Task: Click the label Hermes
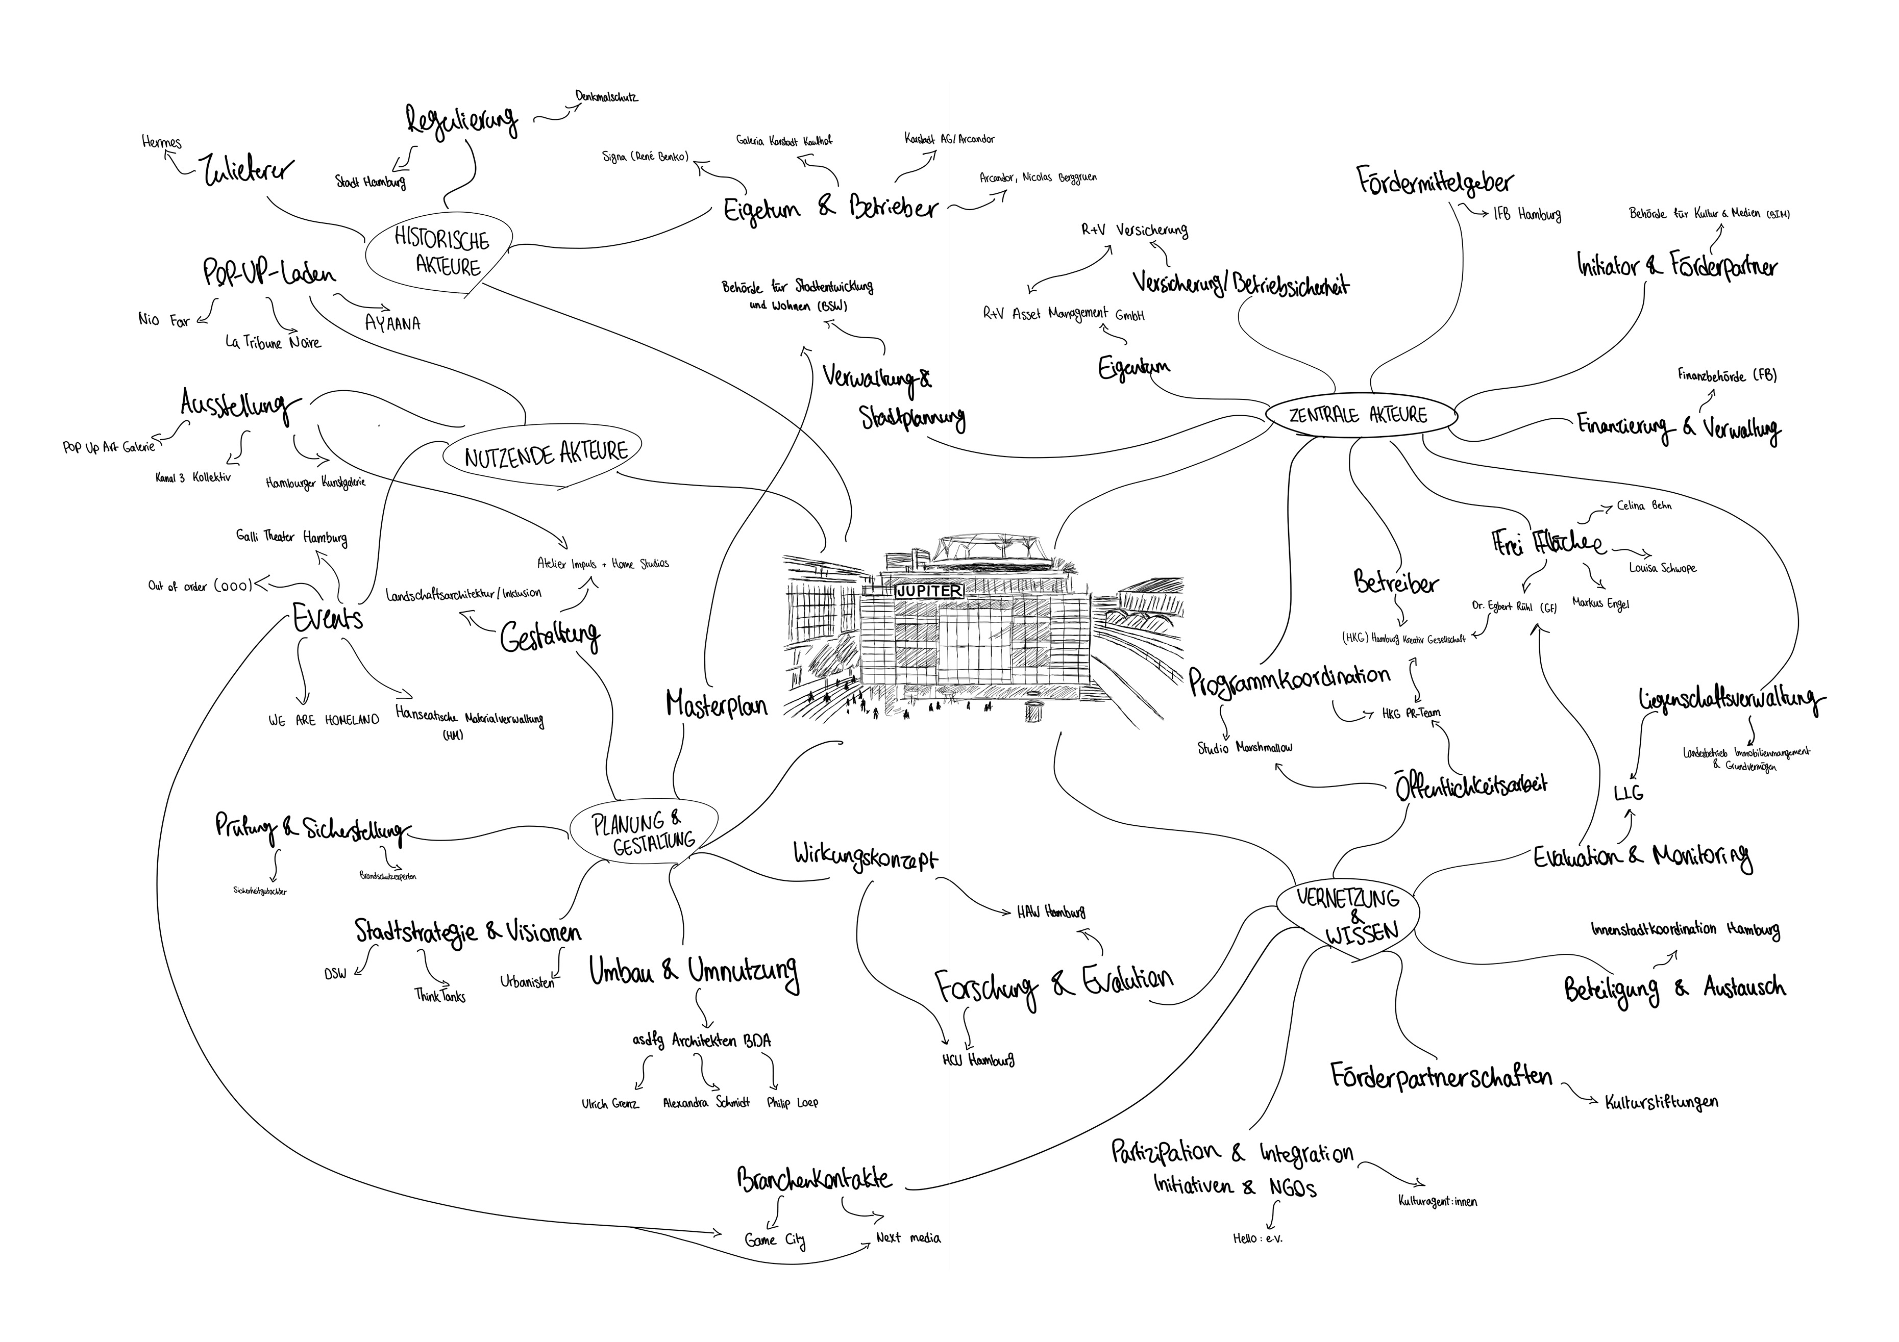[162, 143]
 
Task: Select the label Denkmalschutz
[606, 97]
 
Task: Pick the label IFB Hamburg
[1527, 215]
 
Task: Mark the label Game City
[774, 1239]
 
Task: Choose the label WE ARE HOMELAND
[324, 720]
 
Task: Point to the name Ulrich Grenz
[610, 1104]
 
